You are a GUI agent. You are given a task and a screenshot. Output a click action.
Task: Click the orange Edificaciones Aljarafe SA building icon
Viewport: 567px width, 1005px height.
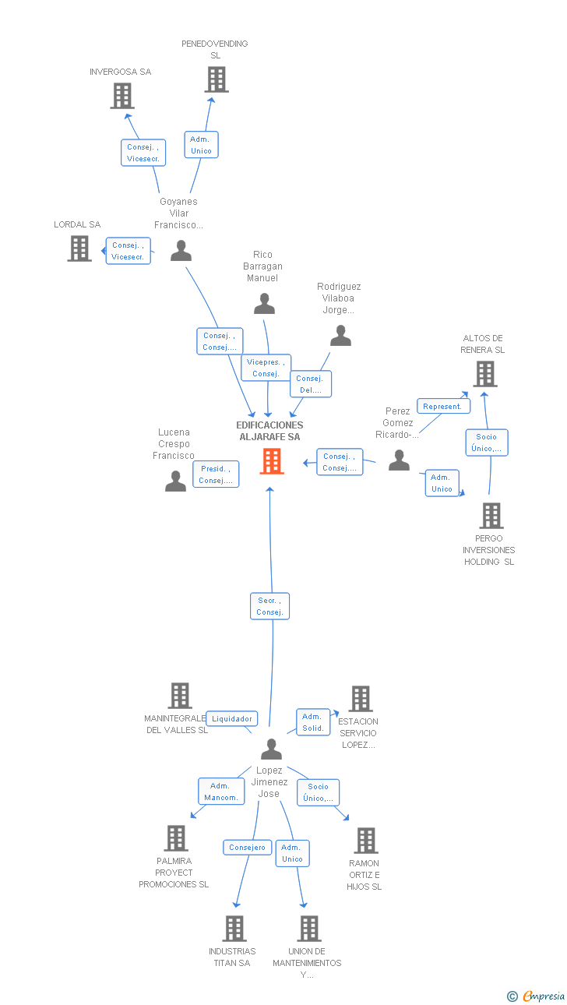pos(272,461)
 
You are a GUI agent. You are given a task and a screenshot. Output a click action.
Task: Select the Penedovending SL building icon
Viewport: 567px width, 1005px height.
pos(217,79)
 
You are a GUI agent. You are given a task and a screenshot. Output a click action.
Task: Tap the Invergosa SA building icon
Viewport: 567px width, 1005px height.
pos(122,96)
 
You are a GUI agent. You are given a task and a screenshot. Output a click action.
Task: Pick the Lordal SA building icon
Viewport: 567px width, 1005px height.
pos(79,249)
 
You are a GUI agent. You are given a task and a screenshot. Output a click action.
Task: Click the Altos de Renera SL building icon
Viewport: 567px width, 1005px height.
pos(485,374)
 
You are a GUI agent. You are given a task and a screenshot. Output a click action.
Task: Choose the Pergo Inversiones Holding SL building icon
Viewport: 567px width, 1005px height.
pos(491,516)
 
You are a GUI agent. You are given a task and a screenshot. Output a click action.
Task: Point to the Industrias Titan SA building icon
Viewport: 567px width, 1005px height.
pos(234,929)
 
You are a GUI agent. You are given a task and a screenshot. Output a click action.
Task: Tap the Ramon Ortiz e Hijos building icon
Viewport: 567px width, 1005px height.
pos(365,841)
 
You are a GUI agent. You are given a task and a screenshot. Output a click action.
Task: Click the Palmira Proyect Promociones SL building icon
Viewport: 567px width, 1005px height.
pos(177,838)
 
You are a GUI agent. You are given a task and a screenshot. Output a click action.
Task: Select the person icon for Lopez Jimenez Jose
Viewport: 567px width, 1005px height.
pos(271,749)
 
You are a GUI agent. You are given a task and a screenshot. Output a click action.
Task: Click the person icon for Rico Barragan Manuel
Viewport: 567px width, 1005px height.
pos(265,304)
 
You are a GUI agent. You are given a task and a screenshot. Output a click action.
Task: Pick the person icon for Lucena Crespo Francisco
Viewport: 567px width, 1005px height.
pos(176,481)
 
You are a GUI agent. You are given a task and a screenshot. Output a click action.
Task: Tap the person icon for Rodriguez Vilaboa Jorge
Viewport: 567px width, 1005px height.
pos(341,336)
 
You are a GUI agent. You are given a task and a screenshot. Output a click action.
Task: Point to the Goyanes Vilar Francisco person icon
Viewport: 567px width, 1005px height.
pos(181,251)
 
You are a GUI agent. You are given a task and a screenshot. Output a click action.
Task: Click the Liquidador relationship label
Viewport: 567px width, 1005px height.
pos(232,718)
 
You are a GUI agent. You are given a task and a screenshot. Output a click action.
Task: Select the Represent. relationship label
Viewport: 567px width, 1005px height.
pos(443,406)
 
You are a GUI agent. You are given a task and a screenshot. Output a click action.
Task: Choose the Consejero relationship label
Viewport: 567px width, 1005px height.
pos(247,848)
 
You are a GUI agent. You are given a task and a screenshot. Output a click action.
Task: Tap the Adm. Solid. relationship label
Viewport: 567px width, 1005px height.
pos(312,722)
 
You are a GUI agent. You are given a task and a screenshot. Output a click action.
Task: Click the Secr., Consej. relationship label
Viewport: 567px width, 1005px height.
pos(269,606)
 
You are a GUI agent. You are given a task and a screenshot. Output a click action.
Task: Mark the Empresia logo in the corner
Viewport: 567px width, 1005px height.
pos(537,996)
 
